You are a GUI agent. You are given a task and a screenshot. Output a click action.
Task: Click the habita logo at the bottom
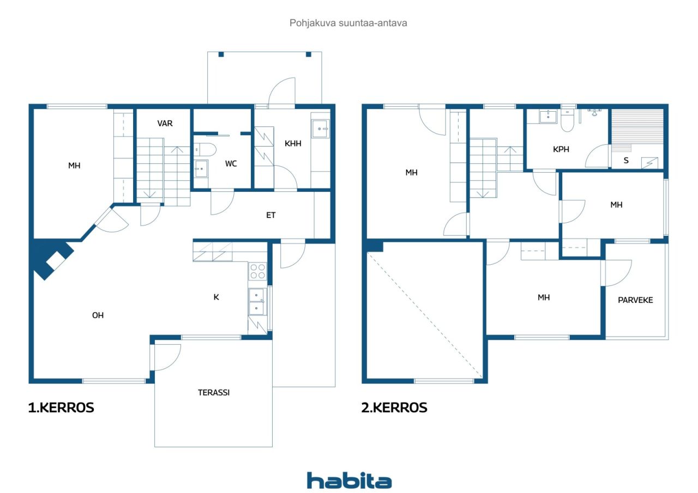349,480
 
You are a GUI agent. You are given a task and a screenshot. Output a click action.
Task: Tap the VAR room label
165,124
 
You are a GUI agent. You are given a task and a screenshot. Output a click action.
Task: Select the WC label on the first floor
231,164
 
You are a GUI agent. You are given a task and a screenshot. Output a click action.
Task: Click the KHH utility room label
293,143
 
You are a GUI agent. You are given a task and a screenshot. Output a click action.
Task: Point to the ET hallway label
271,215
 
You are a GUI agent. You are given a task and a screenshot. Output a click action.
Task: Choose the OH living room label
98,315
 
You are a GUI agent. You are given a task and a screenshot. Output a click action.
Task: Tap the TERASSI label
214,392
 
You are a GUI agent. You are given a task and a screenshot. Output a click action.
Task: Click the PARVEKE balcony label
635,300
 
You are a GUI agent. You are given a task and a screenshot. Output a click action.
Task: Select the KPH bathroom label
561,149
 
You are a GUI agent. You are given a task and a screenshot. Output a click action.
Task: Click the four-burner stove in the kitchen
258,271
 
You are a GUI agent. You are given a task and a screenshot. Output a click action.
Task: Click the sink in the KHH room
321,129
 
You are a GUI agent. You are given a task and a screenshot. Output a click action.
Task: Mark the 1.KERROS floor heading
61,407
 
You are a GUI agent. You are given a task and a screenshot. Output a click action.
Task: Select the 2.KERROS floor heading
394,407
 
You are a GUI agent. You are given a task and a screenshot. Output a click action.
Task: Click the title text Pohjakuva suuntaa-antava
348,23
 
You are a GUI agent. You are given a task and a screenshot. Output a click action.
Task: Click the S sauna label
626,161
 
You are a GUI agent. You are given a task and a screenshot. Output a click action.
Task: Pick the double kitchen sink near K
257,302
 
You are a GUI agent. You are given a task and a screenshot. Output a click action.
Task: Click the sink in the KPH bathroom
548,117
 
